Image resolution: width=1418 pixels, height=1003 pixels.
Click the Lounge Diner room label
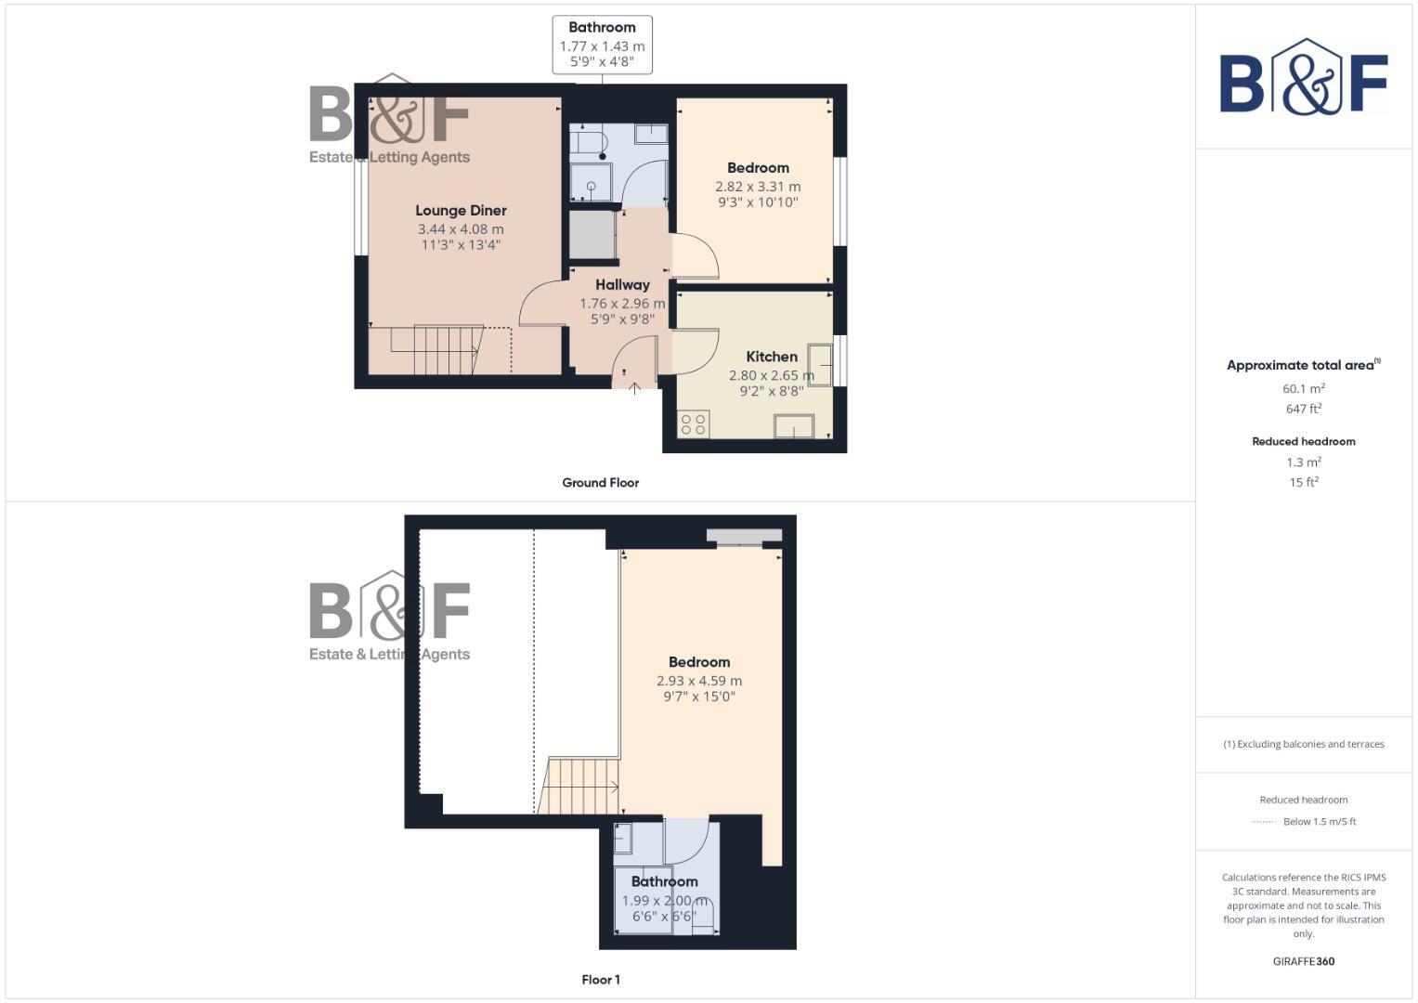click(461, 211)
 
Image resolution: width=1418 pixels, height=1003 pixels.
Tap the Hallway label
click(622, 285)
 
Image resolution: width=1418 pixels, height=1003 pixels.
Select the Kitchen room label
click(772, 357)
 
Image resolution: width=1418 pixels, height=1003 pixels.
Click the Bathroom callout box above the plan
click(602, 45)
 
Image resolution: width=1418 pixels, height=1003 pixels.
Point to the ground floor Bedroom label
click(758, 168)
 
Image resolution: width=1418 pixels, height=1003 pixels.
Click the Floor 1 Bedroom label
click(699, 662)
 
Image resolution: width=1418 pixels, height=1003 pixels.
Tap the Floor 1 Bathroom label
click(664, 881)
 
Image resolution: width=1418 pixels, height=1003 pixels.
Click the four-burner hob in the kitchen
click(694, 424)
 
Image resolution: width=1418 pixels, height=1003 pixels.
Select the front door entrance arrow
click(635, 388)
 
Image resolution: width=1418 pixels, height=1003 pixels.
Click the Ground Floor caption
click(601, 483)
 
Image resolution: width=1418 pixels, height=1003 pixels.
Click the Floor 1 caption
click(601, 980)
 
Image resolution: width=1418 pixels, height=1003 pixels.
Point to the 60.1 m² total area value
click(1304, 389)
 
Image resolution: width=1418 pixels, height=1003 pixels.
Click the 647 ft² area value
click(1304, 409)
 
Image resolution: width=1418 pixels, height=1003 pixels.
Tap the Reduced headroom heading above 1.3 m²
click(1304, 441)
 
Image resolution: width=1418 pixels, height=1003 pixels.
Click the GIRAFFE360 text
click(1304, 961)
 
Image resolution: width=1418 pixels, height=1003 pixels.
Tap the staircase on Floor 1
click(580, 786)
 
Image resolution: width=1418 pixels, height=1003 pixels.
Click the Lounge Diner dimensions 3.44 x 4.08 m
click(461, 229)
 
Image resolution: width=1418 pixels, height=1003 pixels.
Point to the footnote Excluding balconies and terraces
click(1304, 744)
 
